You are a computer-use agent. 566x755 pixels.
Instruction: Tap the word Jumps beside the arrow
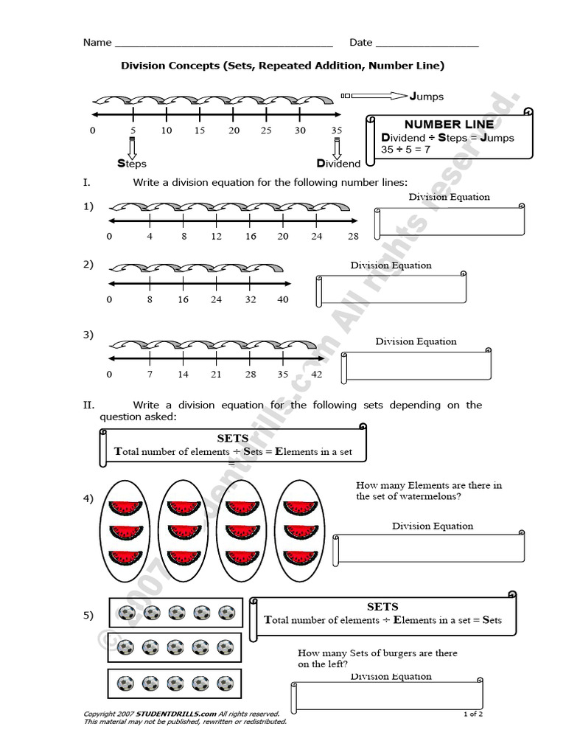(x=427, y=96)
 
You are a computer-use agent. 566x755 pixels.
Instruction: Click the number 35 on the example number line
(x=336, y=131)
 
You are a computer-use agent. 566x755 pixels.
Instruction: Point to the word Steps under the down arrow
(x=132, y=164)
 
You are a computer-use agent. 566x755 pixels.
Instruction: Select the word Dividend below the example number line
(x=339, y=164)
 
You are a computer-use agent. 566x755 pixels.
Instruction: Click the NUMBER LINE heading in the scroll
(x=449, y=125)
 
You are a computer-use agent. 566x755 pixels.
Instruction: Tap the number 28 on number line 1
(x=354, y=237)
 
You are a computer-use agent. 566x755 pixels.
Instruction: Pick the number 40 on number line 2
(x=282, y=300)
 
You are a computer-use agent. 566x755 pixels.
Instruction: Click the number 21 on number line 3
(x=216, y=375)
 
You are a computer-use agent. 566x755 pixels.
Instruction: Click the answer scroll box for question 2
(x=392, y=289)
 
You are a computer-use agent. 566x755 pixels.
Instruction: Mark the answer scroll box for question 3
(x=417, y=364)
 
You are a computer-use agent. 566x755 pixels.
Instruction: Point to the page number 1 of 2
(x=473, y=714)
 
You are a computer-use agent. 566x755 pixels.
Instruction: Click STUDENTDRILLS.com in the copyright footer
(x=175, y=714)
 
